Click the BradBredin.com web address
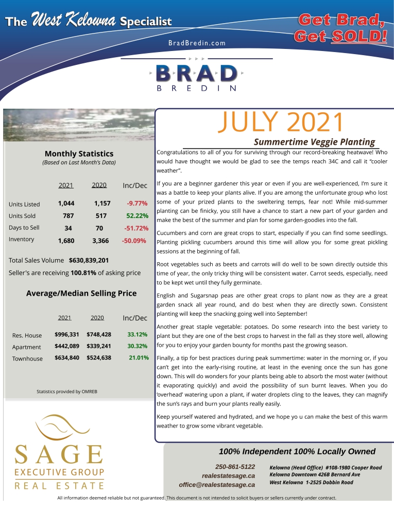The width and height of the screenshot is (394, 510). (x=197, y=43)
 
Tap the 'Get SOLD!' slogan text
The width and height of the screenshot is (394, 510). (x=340, y=36)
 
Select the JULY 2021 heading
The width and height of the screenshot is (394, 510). (x=281, y=123)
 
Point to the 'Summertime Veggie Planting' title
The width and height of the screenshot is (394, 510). (x=315, y=142)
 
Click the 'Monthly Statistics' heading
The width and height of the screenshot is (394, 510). (x=79, y=154)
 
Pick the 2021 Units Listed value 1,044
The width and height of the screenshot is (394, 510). (x=66, y=203)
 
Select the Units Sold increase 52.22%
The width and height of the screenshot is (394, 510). (x=137, y=216)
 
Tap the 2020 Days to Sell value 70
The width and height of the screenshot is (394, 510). (x=99, y=228)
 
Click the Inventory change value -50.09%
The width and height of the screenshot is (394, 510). (x=135, y=240)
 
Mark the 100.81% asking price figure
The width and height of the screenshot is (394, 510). (x=83, y=273)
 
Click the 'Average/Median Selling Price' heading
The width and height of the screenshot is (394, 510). (x=81, y=293)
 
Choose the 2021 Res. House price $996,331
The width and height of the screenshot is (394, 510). (x=66, y=335)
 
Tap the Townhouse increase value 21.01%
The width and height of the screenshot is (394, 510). (x=139, y=358)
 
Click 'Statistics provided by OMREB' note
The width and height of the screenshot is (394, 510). (x=67, y=392)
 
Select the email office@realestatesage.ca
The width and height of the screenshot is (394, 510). (x=217, y=485)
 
